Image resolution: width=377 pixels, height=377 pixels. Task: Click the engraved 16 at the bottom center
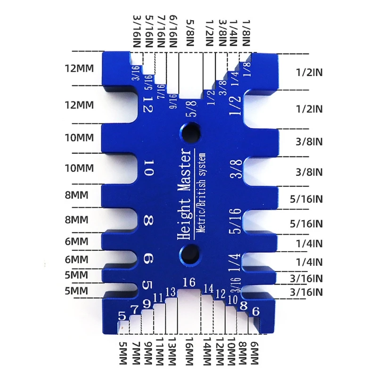(x=189, y=282)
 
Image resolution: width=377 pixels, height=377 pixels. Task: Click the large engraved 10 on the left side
(x=148, y=168)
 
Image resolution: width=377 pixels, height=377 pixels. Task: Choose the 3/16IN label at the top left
(x=137, y=31)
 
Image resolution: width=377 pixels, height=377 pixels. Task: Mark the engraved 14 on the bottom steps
(x=208, y=288)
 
